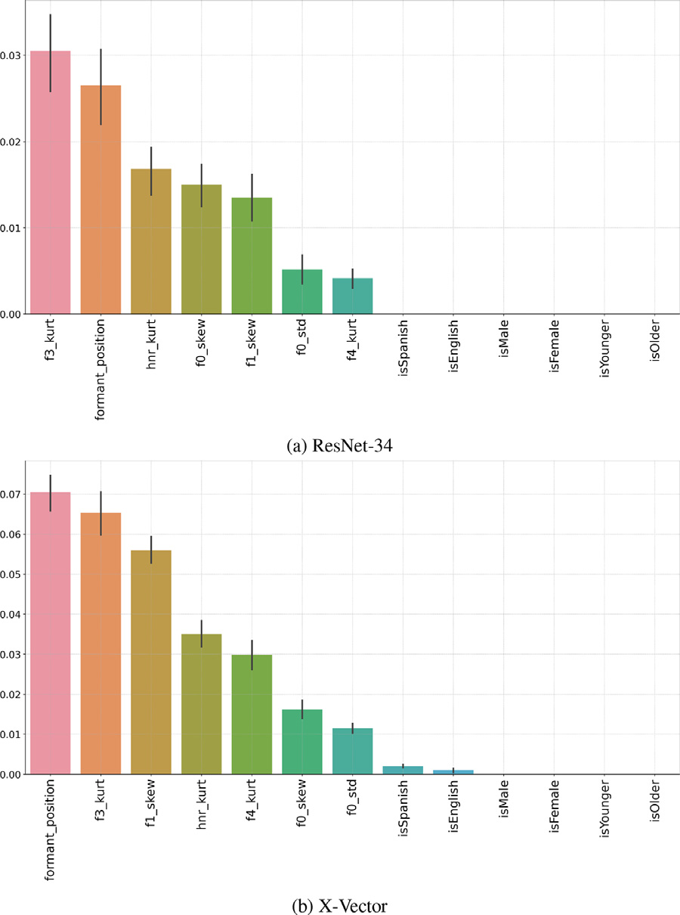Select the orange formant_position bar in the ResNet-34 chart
click(x=100, y=200)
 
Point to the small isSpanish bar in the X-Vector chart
click(x=403, y=771)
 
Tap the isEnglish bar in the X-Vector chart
click(x=453, y=772)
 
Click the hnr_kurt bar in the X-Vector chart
click(x=201, y=704)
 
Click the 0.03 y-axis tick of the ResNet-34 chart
click(x=12, y=55)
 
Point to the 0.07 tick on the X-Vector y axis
click(x=12, y=494)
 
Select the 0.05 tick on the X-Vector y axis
click(x=12, y=574)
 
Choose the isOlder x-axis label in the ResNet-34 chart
click(x=655, y=342)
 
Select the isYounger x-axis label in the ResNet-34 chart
click(x=604, y=347)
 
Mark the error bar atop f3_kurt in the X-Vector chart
click(x=100, y=503)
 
